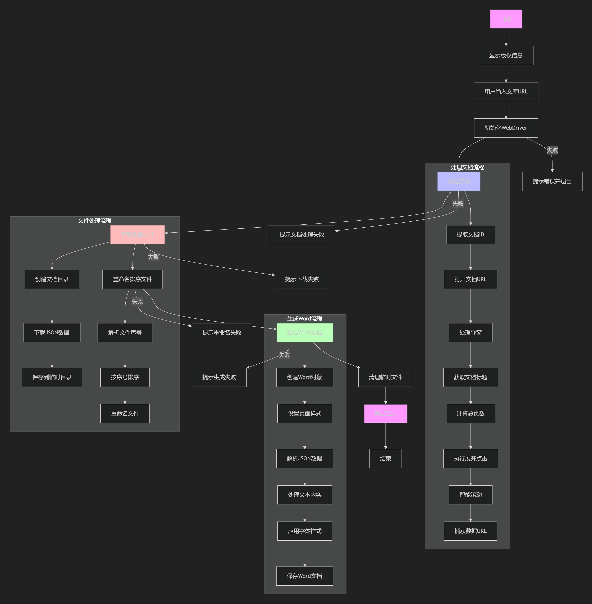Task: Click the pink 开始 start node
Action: (x=506, y=19)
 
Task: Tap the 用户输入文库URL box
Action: (x=506, y=92)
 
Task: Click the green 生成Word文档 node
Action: (x=304, y=333)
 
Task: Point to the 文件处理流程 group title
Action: (x=95, y=221)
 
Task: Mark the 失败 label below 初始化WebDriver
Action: (x=552, y=150)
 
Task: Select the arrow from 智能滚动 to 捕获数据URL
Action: (x=470, y=513)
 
